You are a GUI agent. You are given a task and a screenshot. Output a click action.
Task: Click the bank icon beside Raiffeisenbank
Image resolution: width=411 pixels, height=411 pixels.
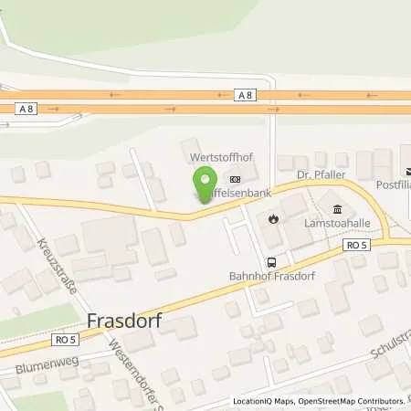(236, 179)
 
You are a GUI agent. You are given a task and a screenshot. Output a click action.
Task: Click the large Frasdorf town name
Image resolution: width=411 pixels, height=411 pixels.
(124, 321)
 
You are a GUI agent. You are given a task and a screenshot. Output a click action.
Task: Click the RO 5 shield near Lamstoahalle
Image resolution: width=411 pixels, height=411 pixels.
(356, 245)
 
